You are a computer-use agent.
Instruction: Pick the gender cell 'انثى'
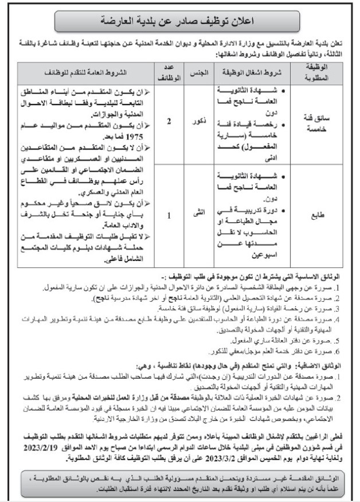[x=198, y=217]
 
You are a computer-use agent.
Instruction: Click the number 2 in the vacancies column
[x=169, y=122]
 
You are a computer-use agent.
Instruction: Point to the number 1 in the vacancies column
[x=169, y=217]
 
